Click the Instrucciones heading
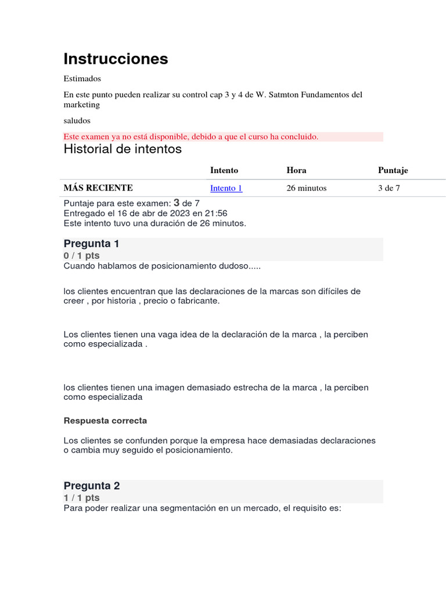point(116,59)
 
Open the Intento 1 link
point(226,188)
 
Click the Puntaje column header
point(393,170)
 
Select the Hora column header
point(296,170)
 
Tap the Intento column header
point(224,170)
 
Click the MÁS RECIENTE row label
point(98,188)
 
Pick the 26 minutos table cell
point(307,188)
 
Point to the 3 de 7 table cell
point(389,188)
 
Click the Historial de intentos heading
point(123,149)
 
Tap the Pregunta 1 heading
point(92,243)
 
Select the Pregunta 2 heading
point(92,486)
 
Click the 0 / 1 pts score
point(81,256)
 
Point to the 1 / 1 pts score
point(81,498)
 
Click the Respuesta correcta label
point(105,420)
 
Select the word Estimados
point(82,78)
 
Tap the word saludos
point(77,121)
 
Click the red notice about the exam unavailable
point(191,137)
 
